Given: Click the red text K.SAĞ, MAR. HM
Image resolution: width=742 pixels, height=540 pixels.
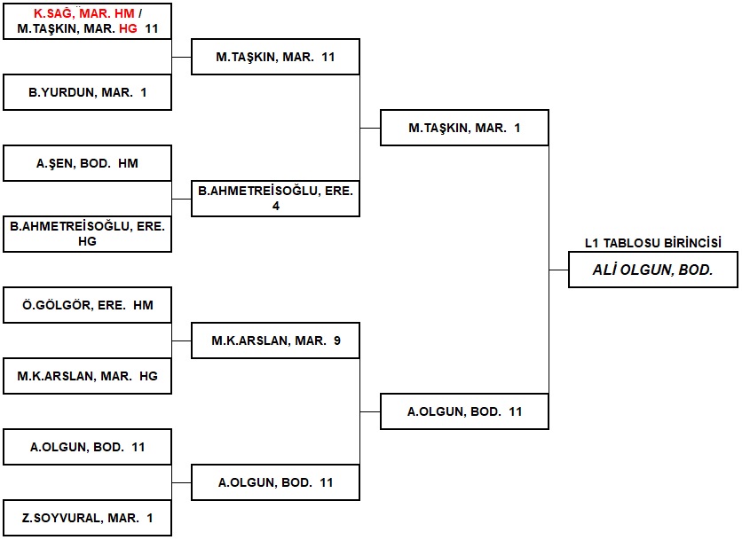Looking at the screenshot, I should [x=83, y=13].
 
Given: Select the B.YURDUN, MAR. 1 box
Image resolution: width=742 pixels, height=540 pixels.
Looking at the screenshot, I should [x=87, y=92].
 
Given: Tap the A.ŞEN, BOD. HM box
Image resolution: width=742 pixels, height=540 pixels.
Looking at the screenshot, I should [x=87, y=163].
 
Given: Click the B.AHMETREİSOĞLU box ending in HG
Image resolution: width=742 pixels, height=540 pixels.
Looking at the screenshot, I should [x=87, y=233].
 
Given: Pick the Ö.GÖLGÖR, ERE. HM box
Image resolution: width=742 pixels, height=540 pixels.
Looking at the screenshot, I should [x=87, y=305].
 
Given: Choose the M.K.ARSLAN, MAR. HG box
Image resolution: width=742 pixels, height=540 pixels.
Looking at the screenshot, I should [x=87, y=376].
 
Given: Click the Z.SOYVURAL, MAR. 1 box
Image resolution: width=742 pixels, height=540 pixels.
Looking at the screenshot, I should [x=87, y=518].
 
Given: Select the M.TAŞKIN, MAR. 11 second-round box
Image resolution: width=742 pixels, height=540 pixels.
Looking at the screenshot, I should [x=275, y=57].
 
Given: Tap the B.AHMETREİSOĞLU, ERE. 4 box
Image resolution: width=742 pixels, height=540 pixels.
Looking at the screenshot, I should [x=275, y=198].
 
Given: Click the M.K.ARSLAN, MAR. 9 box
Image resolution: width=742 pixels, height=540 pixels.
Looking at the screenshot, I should [x=275, y=340].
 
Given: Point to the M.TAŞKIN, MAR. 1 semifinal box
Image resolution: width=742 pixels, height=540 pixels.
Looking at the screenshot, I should [x=464, y=128].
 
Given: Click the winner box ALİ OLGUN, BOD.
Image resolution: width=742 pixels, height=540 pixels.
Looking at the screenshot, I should [x=652, y=270].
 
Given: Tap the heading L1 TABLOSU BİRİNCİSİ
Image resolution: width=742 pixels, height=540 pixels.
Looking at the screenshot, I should [x=652, y=243].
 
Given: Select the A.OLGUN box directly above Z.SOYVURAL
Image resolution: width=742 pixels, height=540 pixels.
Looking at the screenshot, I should [x=87, y=447].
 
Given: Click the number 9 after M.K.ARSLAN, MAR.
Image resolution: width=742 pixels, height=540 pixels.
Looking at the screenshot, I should [x=337, y=340].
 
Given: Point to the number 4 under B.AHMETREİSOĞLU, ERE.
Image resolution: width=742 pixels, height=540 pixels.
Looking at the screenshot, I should [x=276, y=206].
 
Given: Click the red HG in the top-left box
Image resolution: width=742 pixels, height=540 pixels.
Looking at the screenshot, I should [x=130, y=28].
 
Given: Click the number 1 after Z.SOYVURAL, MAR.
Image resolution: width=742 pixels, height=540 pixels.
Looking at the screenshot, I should [x=150, y=518].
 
